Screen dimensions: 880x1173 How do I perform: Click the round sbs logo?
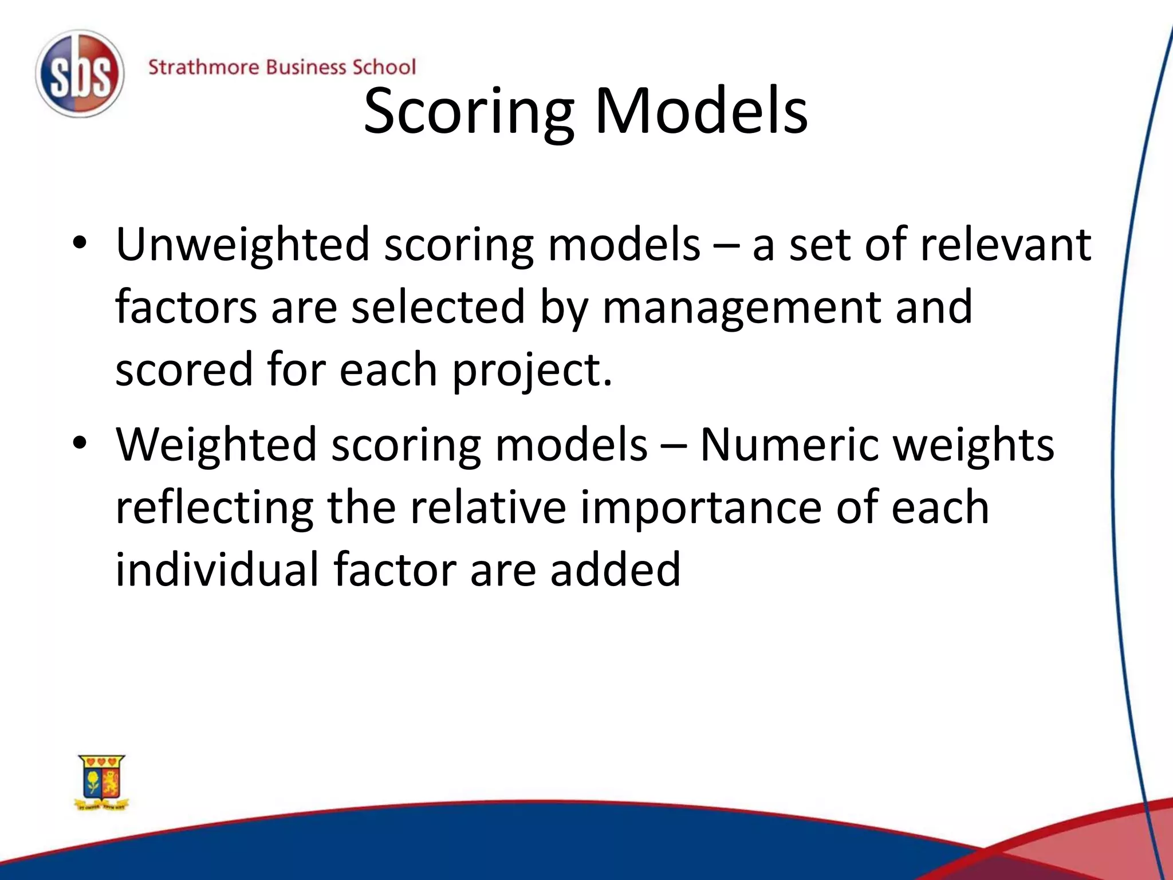point(80,74)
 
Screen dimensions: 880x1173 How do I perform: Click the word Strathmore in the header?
point(204,68)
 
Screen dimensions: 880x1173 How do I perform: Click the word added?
point(615,569)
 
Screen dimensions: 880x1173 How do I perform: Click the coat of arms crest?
point(102,782)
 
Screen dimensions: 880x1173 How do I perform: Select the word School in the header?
point(383,68)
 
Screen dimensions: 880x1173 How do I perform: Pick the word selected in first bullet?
point(438,307)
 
